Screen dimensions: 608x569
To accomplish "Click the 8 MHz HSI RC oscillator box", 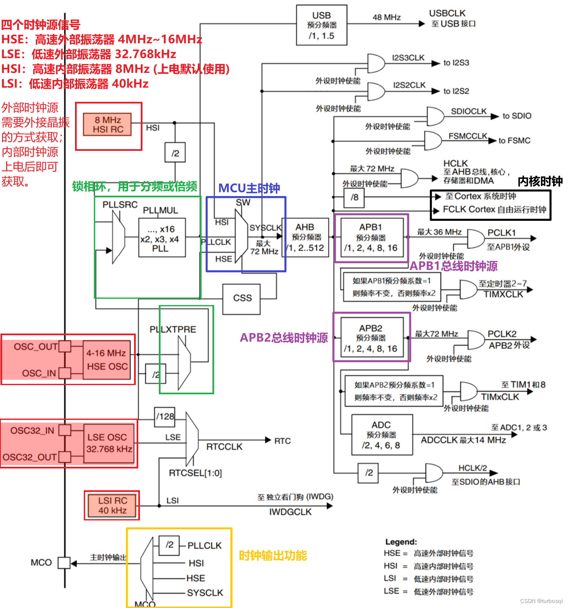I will [108, 124].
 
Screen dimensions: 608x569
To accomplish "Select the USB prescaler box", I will [321, 25].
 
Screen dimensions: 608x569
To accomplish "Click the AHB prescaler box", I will [305, 237].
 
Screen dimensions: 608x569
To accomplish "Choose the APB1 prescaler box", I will [371, 238].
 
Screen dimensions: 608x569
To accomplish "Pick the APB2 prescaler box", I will [371, 338].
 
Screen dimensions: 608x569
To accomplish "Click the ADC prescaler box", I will [381, 435].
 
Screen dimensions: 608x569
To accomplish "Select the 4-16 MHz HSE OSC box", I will [107, 360].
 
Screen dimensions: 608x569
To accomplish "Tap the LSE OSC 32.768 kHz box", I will [109, 443].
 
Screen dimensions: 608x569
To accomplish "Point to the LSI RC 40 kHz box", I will [112, 505].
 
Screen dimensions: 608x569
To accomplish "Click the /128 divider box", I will [165, 417].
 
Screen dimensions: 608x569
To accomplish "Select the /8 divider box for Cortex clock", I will [354, 197].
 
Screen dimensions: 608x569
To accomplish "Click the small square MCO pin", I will [64, 562].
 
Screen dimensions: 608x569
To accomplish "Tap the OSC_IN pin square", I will [65, 373].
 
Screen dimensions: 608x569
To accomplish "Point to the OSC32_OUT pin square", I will [65, 457].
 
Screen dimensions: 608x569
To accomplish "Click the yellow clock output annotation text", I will [273, 556].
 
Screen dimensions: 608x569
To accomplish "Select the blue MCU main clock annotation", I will [249, 188].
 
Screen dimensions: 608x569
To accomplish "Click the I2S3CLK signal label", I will [408, 58].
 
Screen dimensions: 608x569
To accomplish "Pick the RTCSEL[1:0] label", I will [195, 473].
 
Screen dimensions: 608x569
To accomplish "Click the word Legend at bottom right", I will [401, 542].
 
